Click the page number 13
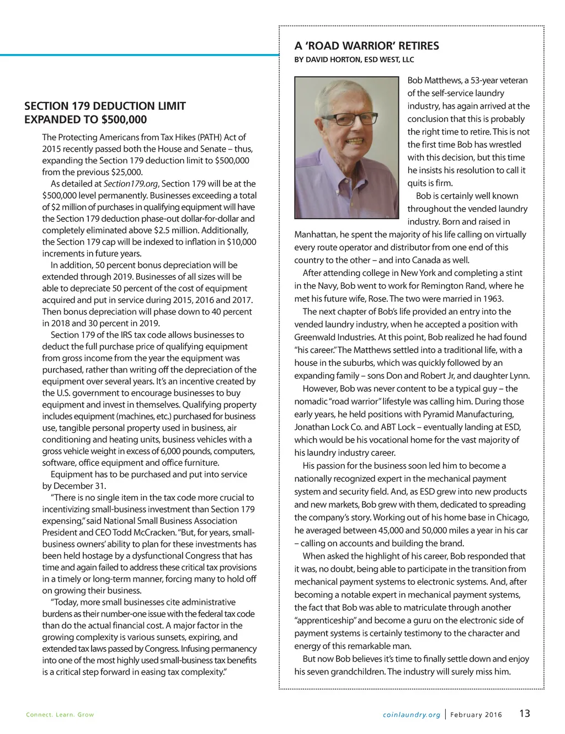point(524,713)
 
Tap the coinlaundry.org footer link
point(411,715)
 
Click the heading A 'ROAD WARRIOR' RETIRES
point(366,46)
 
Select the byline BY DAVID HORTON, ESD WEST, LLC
point(354,60)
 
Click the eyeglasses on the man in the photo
point(348,118)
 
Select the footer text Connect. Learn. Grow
point(60,715)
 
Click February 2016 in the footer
point(476,715)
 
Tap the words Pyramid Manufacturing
point(469,414)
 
